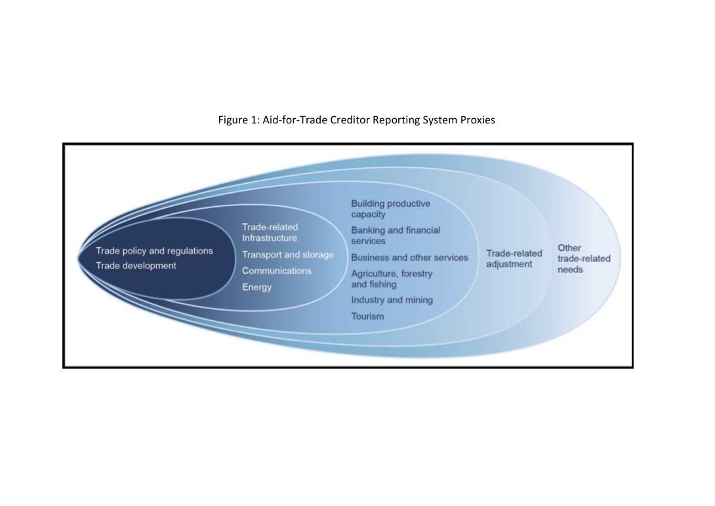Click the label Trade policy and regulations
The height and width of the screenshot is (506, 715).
coord(154,251)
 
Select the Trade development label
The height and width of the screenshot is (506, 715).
coord(136,266)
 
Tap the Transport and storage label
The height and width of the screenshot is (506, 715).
coord(288,255)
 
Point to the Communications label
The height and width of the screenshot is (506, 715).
coord(277,270)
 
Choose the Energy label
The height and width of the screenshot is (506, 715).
coord(256,287)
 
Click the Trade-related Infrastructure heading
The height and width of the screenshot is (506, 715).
coord(270,232)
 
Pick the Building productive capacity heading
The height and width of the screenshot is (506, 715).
coord(391,209)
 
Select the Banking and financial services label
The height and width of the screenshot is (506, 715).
coord(396,236)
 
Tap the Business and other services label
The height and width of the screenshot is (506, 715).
coord(409,257)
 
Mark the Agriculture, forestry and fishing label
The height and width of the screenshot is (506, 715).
coord(392,279)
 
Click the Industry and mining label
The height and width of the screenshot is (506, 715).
coord(392,300)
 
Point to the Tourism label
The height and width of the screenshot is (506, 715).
coord(367,316)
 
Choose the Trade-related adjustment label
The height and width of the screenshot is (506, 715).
coord(514,259)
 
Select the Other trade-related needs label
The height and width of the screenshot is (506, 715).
coord(584,259)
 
